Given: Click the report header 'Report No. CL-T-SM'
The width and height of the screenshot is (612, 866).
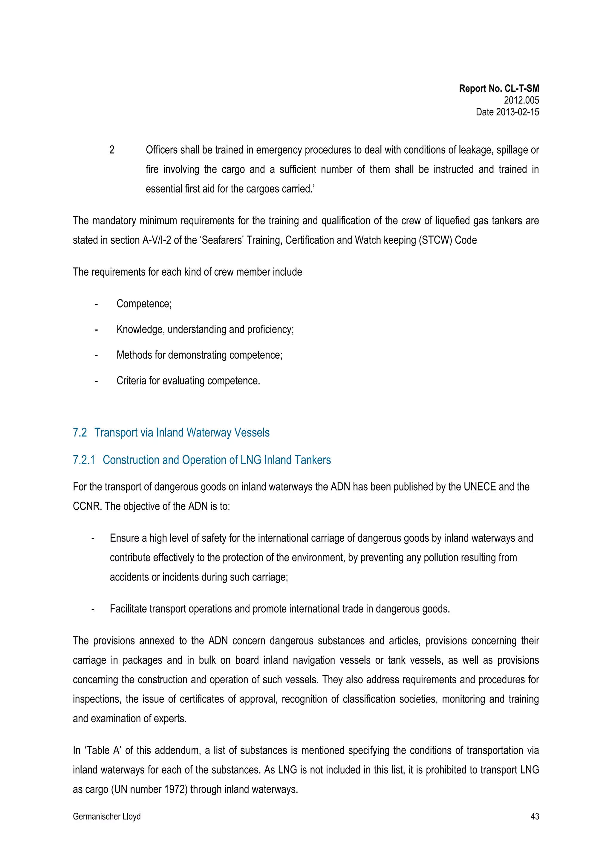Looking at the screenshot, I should (x=498, y=89).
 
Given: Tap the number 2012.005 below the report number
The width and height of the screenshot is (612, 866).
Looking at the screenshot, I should (x=521, y=100).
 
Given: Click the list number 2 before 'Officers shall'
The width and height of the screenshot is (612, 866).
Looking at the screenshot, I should (x=112, y=150).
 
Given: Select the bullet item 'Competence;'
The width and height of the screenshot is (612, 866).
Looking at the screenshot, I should (x=144, y=304).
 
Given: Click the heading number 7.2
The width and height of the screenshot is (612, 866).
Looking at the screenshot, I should (x=79, y=432).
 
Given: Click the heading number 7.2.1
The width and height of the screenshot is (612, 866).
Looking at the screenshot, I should (x=84, y=460).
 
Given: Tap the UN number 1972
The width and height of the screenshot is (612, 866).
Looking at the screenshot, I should (x=176, y=789).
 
